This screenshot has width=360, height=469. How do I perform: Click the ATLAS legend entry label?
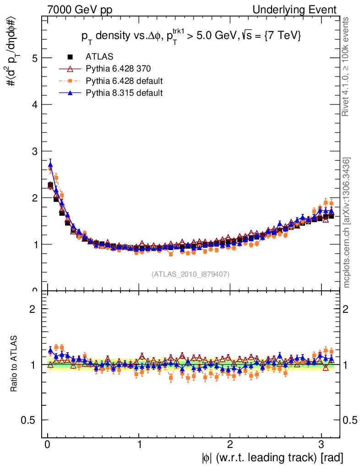tap(99, 57)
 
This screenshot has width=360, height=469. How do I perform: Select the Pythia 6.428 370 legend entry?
tap(118, 69)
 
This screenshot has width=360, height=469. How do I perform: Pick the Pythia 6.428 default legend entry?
tap(124, 81)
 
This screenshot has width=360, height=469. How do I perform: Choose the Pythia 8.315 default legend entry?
tap(124, 93)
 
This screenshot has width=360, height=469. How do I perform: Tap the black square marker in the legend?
tap(71, 57)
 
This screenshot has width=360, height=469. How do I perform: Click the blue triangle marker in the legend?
tap(71, 93)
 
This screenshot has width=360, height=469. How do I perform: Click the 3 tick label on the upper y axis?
tap(34, 151)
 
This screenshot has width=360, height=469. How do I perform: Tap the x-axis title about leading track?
tap(272, 458)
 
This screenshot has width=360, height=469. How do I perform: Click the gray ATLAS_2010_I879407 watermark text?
tap(191, 274)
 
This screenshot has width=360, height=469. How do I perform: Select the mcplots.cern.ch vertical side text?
tap(347, 223)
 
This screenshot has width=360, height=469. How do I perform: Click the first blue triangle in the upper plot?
tap(50, 165)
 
